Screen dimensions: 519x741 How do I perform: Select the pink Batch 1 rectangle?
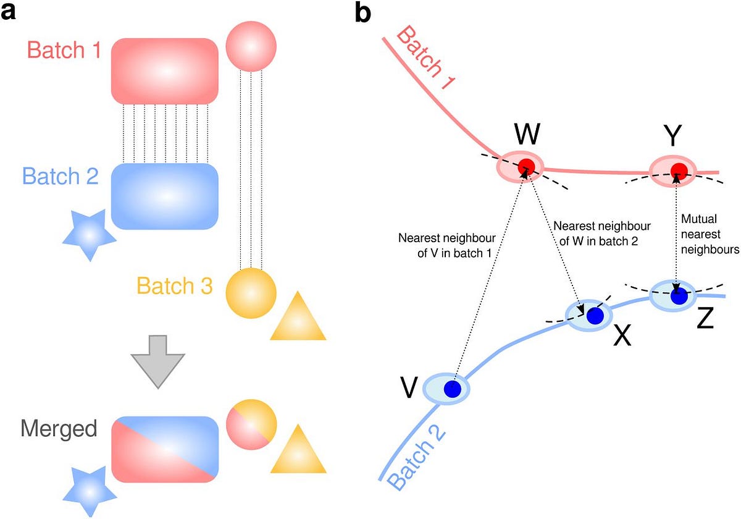[x=165, y=71]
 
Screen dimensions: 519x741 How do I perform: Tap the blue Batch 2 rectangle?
[x=165, y=196]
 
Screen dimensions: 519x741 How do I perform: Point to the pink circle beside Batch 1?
[x=251, y=46]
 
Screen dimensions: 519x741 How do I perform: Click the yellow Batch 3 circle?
[x=251, y=293]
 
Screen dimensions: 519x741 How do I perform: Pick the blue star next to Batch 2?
[x=90, y=235]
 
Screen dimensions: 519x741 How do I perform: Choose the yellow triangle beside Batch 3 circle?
[x=298, y=318]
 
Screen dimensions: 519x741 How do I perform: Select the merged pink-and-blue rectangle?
[x=165, y=449]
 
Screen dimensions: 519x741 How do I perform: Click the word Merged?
[x=59, y=429]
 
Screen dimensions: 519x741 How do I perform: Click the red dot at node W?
[x=526, y=166]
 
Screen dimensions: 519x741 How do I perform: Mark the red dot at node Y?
[x=679, y=169]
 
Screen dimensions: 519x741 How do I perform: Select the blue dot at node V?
[x=453, y=389]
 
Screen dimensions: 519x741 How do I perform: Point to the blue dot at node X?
[x=594, y=316]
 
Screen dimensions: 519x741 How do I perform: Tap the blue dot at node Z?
[x=679, y=296]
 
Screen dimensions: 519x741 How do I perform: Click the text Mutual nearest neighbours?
[x=709, y=235]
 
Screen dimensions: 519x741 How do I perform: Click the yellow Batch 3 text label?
[x=175, y=286]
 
